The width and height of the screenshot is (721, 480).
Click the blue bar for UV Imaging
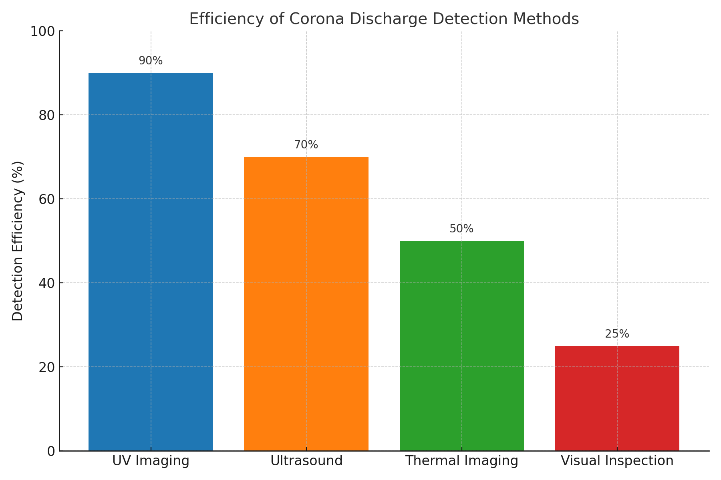[x=151, y=262]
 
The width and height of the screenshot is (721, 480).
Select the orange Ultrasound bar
[x=306, y=304]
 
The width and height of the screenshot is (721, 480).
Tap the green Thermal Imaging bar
[x=461, y=346]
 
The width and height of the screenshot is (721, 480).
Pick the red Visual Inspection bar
[x=617, y=398]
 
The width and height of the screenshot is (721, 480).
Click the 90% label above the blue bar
[x=151, y=61]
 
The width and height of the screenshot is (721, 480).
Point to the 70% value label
[x=306, y=145]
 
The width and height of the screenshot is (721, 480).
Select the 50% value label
[x=461, y=229]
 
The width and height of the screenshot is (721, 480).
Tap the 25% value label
[x=617, y=334]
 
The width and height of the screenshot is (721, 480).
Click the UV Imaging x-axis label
[x=151, y=461]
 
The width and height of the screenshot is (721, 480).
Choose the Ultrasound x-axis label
[x=306, y=461]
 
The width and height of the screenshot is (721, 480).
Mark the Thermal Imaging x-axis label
[x=461, y=461]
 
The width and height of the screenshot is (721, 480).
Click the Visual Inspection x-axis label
[x=617, y=461]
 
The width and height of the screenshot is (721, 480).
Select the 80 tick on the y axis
[x=46, y=115]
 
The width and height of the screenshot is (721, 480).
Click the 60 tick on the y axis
[x=46, y=199]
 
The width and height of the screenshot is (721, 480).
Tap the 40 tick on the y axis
[x=46, y=283]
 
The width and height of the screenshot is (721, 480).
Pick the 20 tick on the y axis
[x=46, y=367]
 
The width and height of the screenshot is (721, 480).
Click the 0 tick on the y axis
[x=51, y=451]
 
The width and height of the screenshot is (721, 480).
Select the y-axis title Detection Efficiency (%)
[x=18, y=241]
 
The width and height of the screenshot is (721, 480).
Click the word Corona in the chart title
[x=316, y=19]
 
